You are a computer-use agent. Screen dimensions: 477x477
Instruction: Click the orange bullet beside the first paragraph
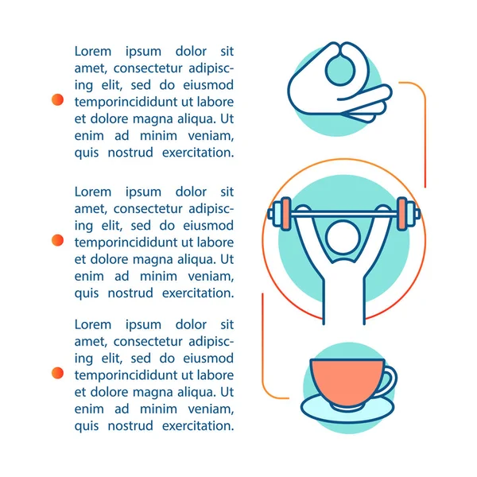[x=57, y=99]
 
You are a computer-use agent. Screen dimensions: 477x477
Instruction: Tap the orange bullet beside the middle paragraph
[x=57, y=240]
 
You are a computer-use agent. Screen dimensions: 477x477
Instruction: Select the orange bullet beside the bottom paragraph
[x=57, y=373]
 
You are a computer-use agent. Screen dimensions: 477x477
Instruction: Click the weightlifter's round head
[x=343, y=238]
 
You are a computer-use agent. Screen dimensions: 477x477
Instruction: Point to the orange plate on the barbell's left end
[x=286, y=214]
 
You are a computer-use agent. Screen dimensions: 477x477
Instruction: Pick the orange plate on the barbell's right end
[x=401, y=214]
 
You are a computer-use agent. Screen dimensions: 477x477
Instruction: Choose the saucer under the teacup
[x=347, y=409]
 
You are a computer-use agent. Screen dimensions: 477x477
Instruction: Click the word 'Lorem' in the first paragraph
[x=93, y=52]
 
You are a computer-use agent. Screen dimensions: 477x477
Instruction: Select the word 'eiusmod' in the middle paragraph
[x=208, y=226]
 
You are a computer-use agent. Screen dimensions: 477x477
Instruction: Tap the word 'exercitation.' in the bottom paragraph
[x=198, y=426]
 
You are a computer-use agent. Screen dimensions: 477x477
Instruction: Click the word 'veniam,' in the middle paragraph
[x=211, y=277]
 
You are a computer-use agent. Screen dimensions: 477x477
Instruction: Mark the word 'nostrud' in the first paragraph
[x=130, y=153]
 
